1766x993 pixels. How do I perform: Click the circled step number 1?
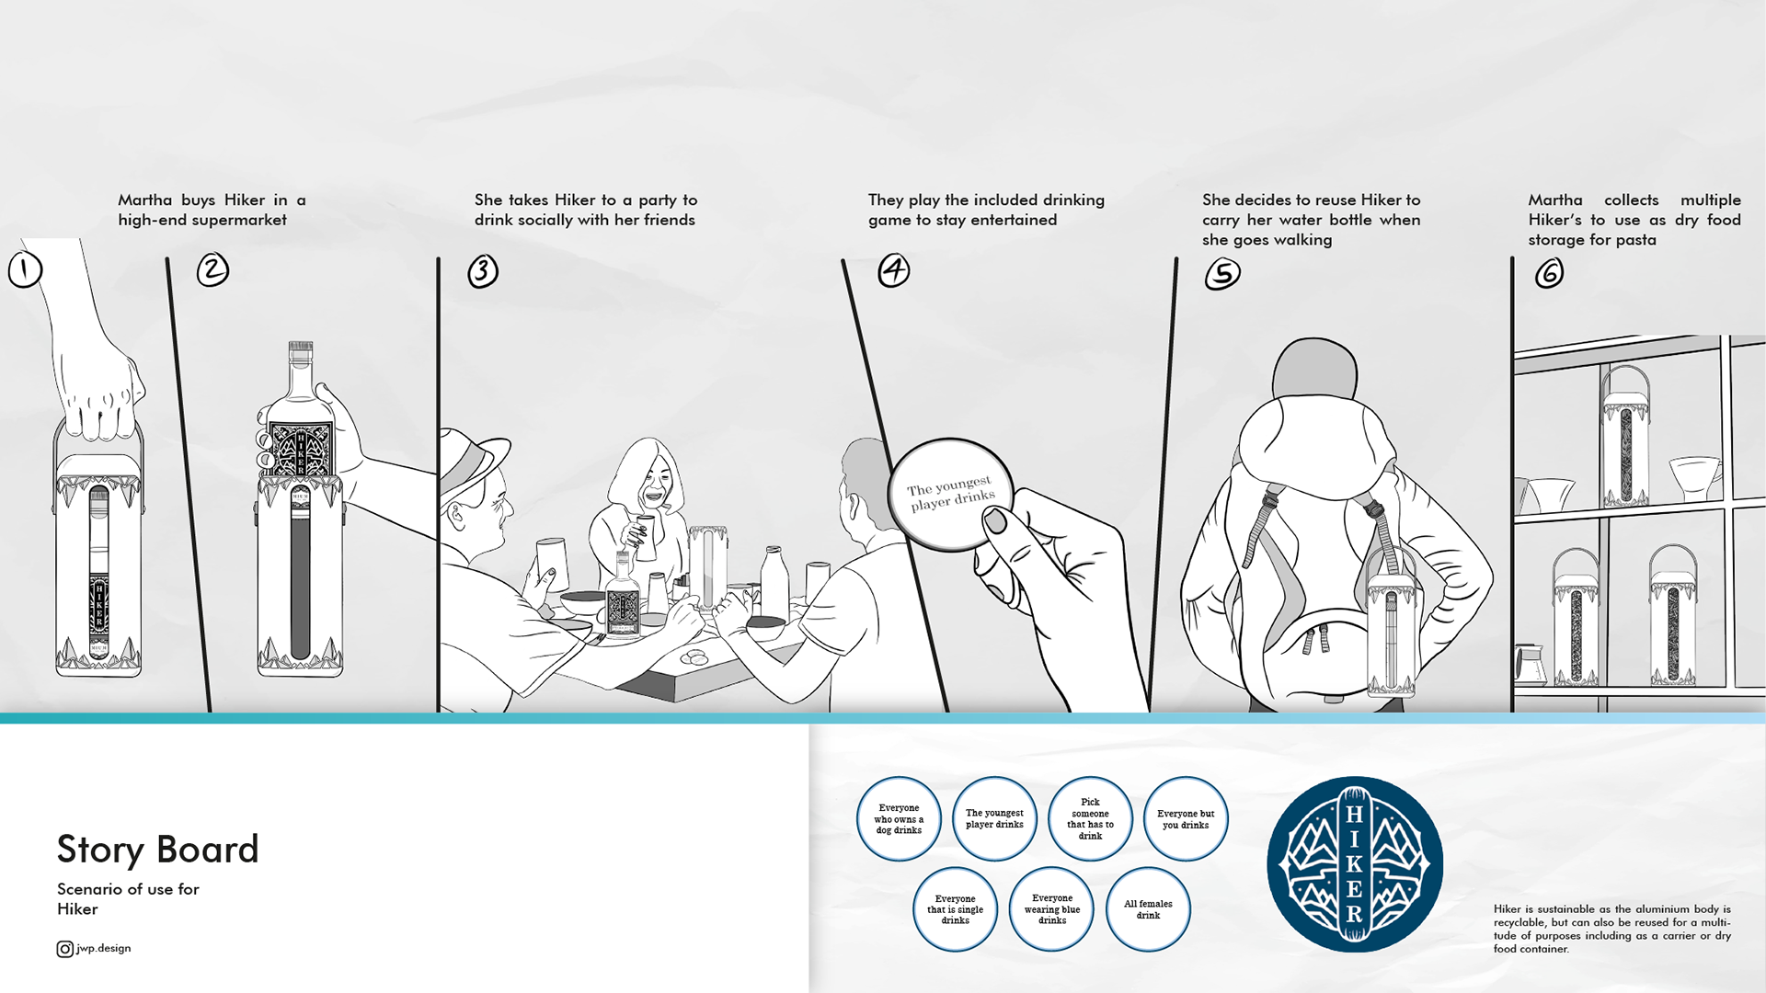(25, 269)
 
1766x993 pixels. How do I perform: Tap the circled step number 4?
(893, 270)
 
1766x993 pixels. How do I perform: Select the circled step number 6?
(1549, 273)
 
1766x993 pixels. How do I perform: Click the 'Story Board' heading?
(157, 849)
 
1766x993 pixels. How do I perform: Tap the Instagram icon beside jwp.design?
(65, 949)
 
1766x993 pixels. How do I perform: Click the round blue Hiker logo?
(1355, 864)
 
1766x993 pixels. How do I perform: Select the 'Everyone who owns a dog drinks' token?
(899, 818)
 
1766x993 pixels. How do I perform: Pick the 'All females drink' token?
(1148, 909)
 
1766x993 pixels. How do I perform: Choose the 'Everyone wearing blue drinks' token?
(1052, 909)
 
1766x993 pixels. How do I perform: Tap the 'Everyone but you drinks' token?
(1186, 818)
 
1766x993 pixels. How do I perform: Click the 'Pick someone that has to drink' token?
(1090, 818)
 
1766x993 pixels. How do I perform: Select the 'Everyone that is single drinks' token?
(955, 909)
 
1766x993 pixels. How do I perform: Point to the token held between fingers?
(950, 495)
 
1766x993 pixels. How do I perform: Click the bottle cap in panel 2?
(301, 351)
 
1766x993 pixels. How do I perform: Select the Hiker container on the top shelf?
(1625, 436)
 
